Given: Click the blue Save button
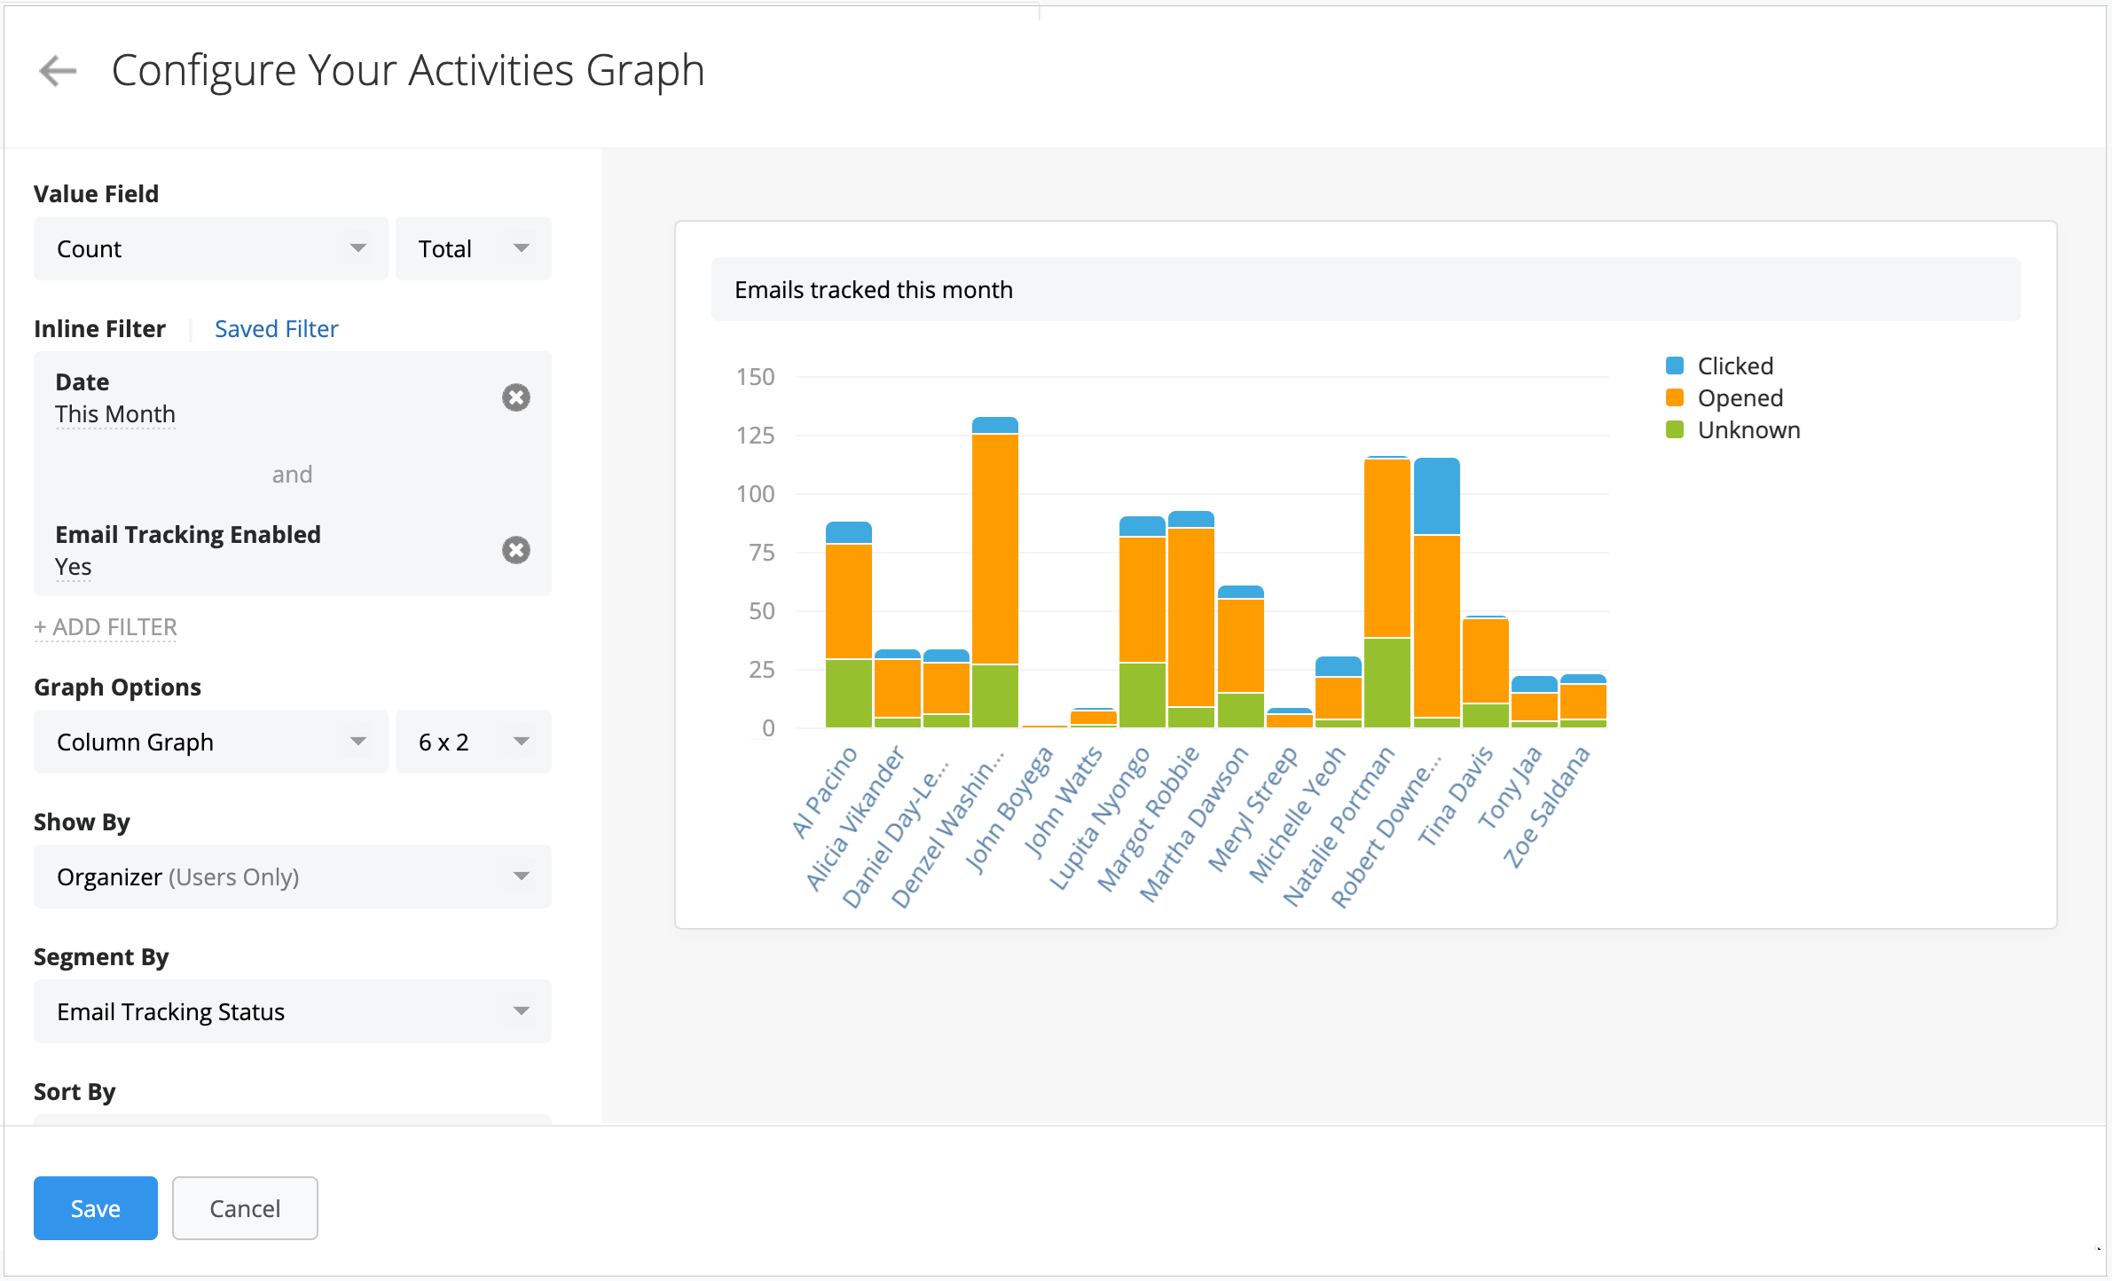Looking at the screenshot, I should [95, 1208].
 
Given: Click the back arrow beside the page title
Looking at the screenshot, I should [59, 71].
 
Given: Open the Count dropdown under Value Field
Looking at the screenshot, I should [210, 249].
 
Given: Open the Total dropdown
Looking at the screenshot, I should [473, 249].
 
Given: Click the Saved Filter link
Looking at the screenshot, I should [276, 329].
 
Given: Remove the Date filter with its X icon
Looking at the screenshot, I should [516, 397].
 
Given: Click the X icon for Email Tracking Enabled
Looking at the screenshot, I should [516, 550].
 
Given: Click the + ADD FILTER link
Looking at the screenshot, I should [106, 627].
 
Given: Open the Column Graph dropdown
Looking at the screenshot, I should [210, 743].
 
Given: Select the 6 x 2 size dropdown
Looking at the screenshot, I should [473, 743].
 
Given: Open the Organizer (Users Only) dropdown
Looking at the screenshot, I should [292, 877].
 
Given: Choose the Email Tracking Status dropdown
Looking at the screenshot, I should [292, 1012].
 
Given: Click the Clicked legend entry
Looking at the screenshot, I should [1733, 366].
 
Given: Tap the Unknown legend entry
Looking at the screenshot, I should [1747, 430].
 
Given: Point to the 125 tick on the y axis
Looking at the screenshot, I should [756, 436].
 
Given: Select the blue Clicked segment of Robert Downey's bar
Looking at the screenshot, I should [1436, 497].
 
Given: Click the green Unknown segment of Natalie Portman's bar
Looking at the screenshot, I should [1386, 683].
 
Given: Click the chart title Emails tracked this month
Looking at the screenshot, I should [873, 290].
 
